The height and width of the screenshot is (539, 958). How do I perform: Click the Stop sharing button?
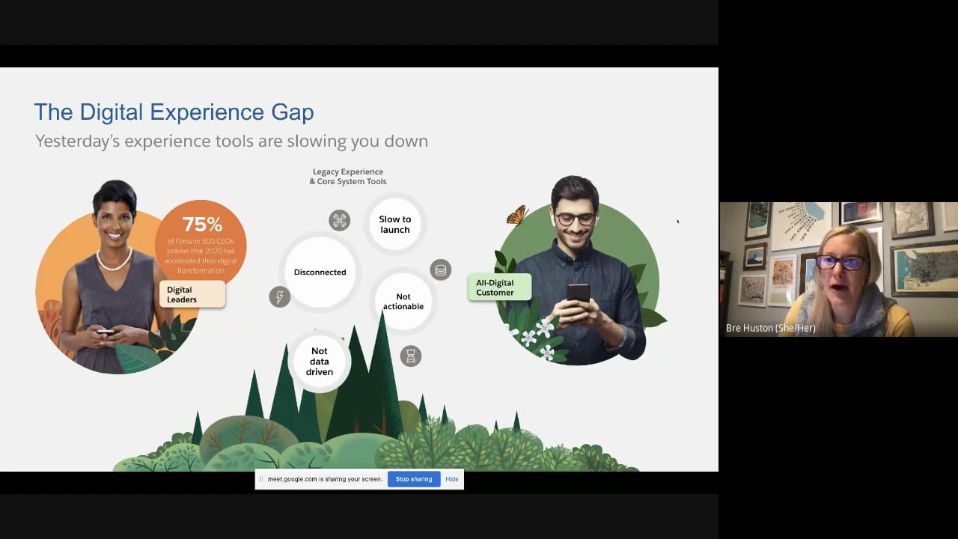413,479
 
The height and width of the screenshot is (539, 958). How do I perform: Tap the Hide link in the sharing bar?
452,479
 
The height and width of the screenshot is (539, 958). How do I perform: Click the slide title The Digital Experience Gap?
174,112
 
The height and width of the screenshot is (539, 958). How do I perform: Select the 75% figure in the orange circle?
202,225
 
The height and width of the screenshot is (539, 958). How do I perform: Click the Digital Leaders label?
191,294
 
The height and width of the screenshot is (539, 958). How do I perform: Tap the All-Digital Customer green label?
499,287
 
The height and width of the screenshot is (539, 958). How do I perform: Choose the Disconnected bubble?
320,272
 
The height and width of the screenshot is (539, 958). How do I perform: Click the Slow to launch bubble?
394,225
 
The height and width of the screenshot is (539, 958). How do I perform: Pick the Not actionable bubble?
403,301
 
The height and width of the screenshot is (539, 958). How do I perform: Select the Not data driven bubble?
320,361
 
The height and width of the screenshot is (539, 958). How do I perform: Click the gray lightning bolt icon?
279,296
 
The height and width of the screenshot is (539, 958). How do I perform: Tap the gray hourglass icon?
410,356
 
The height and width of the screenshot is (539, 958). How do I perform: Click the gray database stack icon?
441,269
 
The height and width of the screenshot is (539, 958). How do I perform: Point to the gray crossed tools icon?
340,220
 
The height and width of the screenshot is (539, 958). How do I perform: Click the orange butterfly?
517,216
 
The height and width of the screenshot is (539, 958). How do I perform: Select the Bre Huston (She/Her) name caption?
770,328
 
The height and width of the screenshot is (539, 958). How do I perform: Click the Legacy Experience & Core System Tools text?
348,177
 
